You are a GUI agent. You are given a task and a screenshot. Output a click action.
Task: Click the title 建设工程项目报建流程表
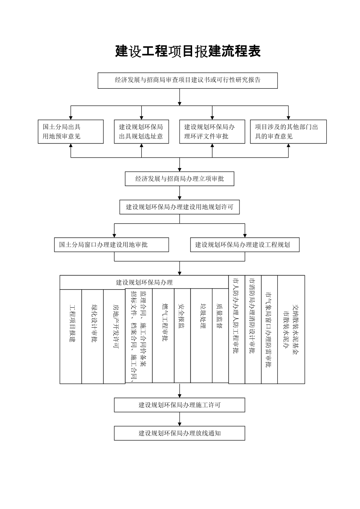click(188, 51)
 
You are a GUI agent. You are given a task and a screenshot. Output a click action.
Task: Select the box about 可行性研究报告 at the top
click(188, 80)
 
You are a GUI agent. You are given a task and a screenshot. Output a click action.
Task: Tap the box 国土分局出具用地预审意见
click(71, 132)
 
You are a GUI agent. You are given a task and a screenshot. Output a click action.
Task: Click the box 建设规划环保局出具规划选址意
click(141, 132)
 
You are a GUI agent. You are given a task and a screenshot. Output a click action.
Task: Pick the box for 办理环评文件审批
click(212, 132)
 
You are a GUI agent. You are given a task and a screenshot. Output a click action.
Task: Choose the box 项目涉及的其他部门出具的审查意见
click(288, 132)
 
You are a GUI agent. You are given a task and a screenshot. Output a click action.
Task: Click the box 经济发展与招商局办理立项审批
click(180, 179)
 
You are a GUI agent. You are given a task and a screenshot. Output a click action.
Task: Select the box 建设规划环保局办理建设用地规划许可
click(180, 207)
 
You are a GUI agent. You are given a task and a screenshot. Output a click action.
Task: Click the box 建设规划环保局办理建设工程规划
click(245, 245)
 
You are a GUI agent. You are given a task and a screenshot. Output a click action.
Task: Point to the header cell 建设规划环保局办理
click(144, 282)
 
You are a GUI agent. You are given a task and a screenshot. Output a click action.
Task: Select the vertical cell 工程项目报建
click(71, 336)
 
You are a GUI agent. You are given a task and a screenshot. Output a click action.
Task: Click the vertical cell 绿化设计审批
click(93, 336)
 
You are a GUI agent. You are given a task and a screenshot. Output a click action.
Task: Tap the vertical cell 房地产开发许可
click(114, 336)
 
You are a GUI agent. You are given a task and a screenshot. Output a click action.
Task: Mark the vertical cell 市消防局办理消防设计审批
click(253, 329)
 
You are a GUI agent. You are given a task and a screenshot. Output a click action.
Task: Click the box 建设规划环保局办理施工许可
click(180, 405)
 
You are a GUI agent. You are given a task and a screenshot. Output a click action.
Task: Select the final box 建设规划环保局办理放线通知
click(180, 433)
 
